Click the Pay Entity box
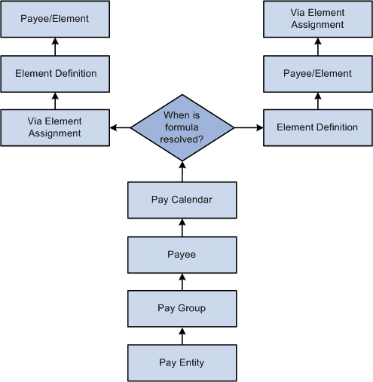[x=182, y=362]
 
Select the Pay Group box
[x=182, y=308]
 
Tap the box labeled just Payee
[x=182, y=255]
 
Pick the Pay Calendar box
[x=182, y=200]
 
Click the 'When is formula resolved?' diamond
[x=182, y=127]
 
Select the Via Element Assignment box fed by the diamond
[x=54, y=127]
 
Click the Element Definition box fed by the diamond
[x=317, y=127]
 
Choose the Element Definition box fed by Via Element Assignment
[x=54, y=74]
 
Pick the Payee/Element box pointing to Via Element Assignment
[x=317, y=74]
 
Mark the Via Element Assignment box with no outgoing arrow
[x=317, y=20]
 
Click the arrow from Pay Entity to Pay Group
[x=182, y=335]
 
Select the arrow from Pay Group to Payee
[x=182, y=282]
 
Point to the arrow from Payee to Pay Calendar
[x=182, y=228]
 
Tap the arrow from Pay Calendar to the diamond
[x=182, y=171]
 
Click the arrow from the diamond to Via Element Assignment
[x=120, y=127]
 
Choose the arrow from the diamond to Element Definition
[x=249, y=127]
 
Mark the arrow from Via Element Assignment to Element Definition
[x=54, y=100]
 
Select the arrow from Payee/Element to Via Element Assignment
[x=317, y=47]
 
